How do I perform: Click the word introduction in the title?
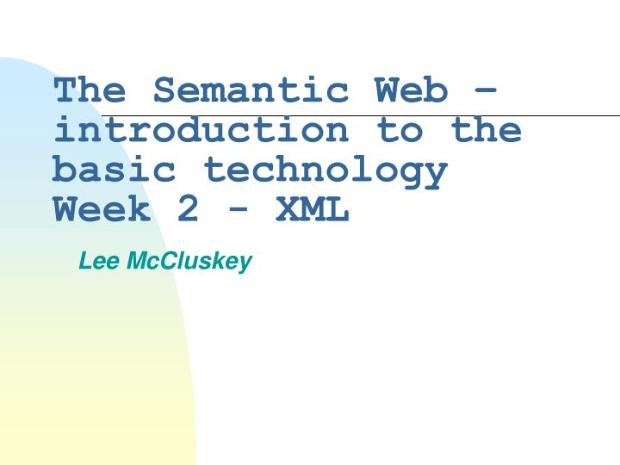[201, 130]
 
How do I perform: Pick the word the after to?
[487, 130]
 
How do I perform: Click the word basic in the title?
[115, 170]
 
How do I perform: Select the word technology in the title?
[325, 170]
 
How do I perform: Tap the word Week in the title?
[102, 209]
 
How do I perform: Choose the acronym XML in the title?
[313, 209]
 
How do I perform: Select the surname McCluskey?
[189, 261]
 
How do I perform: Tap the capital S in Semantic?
[164, 90]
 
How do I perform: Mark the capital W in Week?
[65, 209]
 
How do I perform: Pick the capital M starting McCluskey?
[136, 261]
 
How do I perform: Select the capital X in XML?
[288, 209]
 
